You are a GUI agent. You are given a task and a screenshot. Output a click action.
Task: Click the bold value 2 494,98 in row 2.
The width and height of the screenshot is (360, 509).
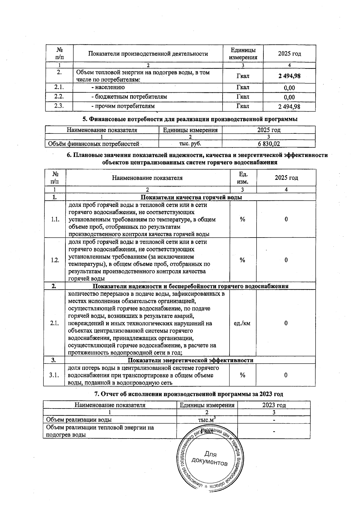[289, 76]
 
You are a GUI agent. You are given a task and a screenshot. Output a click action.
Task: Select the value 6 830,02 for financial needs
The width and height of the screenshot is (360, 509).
[269, 144]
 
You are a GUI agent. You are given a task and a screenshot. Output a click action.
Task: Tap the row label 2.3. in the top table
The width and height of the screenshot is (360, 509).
[59, 106]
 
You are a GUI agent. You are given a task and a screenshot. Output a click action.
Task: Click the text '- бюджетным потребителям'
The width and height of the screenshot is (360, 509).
[129, 97]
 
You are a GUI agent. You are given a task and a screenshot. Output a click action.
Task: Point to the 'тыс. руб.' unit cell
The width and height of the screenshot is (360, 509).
[190, 144]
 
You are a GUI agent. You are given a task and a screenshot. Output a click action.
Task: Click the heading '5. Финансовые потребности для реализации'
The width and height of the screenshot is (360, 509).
[190, 119]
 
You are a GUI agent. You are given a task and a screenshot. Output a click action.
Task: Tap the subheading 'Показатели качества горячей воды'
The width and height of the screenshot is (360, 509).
[191, 197]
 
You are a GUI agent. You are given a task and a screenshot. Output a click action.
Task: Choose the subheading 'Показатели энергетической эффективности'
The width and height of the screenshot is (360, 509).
[190, 360]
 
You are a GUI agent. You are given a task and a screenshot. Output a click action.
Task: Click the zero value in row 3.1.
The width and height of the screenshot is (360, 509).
[286, 375]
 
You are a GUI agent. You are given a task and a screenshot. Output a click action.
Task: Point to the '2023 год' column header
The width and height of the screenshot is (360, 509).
[274, 405]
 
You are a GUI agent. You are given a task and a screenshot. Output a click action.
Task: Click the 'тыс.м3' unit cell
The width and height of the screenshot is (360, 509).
[207, 420]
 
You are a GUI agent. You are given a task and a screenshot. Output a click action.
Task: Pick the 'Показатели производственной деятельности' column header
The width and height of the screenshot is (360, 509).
[148, 54]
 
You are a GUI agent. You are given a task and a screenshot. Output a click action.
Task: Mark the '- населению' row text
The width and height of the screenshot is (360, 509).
[108, 87]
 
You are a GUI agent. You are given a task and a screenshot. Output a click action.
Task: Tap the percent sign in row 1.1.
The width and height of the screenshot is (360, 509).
[242, 219]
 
